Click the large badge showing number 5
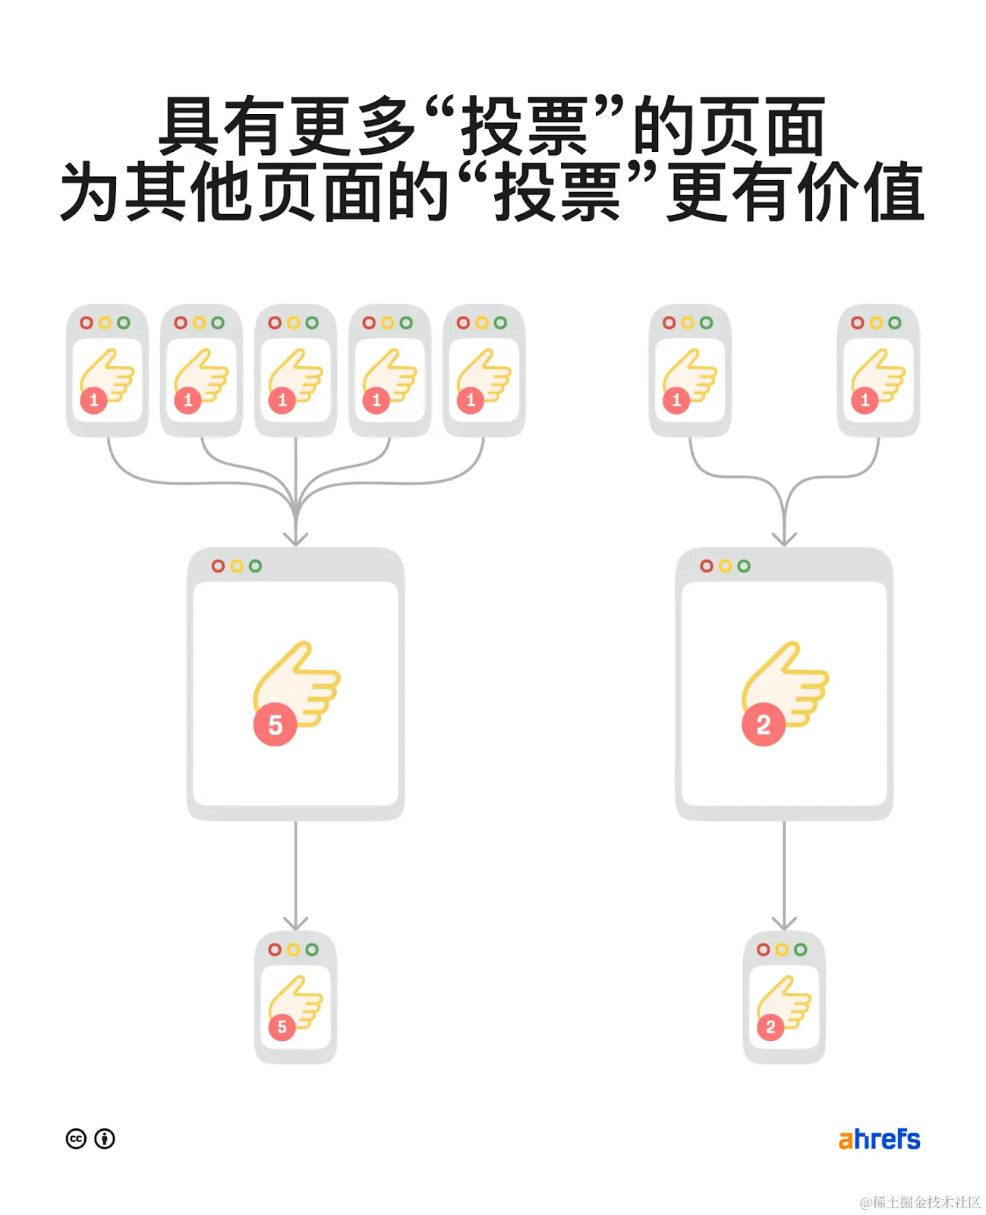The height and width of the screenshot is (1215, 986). [x=275, y=724]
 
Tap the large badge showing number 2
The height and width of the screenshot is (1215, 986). [x=763, y=724]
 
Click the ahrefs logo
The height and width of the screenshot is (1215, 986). [x=879, y=1139]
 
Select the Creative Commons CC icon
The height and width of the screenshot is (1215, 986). [x=76, y=1139]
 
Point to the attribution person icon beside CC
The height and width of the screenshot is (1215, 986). [x=105, y=1139]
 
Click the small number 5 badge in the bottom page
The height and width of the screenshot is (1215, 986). [x=282, y=1027]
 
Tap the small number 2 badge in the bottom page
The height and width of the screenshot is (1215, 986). [x=770, y=1027]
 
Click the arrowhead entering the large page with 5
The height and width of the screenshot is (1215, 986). [x=295, y=538]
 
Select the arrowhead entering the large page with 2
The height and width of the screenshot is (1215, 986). [x=784, y=538]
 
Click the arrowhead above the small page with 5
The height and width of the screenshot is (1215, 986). [x=295, y=923]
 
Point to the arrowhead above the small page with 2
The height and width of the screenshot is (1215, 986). [x=784, y=923]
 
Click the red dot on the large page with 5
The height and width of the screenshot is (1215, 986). [x=218, y=566]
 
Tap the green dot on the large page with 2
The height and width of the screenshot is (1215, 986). [x=744, y=566]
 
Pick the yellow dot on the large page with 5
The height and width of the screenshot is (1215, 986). [x=237, y=566]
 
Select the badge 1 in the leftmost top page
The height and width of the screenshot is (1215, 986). [x=94, y=399]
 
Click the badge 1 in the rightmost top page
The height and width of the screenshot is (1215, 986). [x=865, y=399]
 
